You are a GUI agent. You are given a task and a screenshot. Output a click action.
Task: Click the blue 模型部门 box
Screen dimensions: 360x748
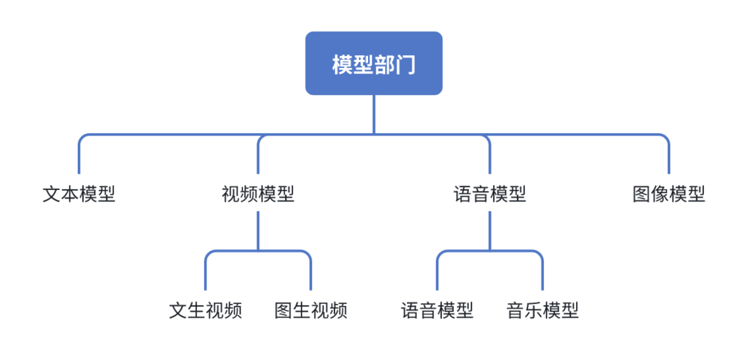(373, 64)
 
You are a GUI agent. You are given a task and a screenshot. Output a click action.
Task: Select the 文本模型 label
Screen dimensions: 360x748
(79, 195)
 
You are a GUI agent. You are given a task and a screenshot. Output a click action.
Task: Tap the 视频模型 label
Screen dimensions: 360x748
(258, 195)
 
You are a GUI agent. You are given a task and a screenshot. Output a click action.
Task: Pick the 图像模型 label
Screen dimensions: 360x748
(669, 195)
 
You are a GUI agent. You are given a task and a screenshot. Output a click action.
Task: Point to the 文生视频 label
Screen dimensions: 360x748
(206, 310)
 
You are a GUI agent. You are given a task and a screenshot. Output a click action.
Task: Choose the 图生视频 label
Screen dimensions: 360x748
(310, 310)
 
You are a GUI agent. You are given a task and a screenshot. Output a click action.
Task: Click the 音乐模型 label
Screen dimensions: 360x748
(542, 310)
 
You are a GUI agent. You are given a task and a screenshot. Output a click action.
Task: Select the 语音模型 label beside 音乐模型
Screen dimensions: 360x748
(438, 310)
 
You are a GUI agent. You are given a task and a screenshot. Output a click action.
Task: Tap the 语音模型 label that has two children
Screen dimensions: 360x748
(490, 195)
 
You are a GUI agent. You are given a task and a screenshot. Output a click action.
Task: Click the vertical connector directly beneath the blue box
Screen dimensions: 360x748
(374, 114)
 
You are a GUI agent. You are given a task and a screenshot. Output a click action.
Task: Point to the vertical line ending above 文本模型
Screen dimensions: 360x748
(79, 157)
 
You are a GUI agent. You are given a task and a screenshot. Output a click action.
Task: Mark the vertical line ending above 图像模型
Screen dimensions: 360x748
(669, 157)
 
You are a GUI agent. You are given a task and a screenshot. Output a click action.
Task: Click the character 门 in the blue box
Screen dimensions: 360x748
(405, 64)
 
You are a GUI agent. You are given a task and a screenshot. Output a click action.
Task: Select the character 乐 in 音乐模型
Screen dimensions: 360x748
(533, 310)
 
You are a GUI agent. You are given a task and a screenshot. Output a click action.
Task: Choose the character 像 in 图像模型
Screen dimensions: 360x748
(660, 195)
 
